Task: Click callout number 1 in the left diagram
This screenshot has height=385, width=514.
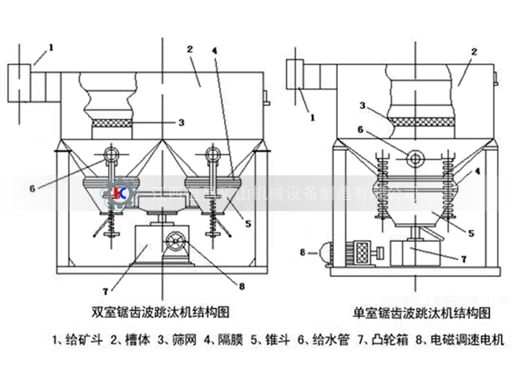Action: coord(51,48)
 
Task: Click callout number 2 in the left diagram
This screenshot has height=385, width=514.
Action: coord(189,49)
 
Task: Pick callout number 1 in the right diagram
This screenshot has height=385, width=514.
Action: coord(311,115)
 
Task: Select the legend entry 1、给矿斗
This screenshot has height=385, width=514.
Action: coord(79,340)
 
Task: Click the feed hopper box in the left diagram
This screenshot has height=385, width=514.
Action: coord(20,84)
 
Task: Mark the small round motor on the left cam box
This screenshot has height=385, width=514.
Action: coord(176,240)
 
